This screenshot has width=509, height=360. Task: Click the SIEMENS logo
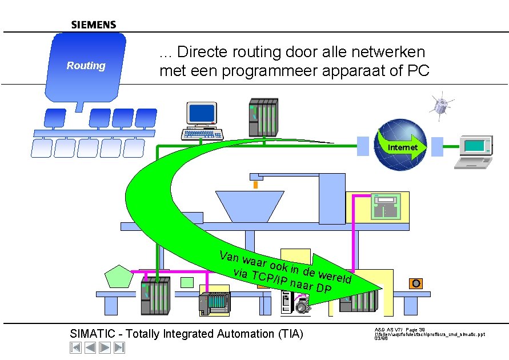tap(94, 25)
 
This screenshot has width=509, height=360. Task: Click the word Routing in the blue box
tap(86, 66)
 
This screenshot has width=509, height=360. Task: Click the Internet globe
tap(401, 145)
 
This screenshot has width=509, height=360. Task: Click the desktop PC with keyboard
tap(202, 121)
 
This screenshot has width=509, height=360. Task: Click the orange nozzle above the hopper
tap(255, 185)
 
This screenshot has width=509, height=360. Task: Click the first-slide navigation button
tap(75, 347)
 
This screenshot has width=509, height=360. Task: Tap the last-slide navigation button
tap(119, 347)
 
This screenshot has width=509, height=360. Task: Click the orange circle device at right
tap(416, 283)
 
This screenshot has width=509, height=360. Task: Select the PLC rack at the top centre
tap(263, 117)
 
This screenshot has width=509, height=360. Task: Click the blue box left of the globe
tap(363, 146)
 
